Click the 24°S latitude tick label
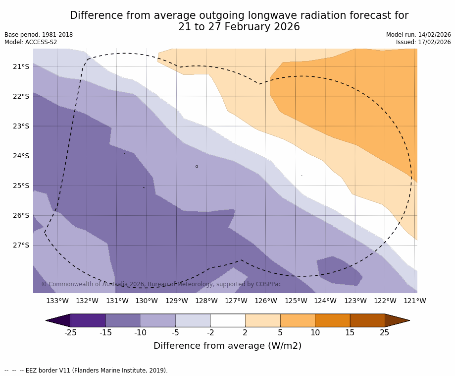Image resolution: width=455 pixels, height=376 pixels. pyautogui.click(x=20, y=156)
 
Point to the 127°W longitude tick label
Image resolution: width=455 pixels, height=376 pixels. pyautogui.click(x=236, y=301)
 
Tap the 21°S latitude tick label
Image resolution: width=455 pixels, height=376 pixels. pyautogui.click(x=20, y=66)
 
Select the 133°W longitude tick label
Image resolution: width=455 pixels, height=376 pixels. pyautogui.click(x=57, y=301)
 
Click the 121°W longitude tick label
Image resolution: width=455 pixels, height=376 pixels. pyautogui.click(x=415, y=301)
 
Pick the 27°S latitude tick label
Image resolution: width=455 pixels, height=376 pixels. pyautogui.click(x=20, y=245)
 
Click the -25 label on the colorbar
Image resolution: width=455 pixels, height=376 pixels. pyautogui.click(x=71, y=332)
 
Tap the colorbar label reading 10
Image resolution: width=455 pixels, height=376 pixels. pyautogui.click(x=315, y=332)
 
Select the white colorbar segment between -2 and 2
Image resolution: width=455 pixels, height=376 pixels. pyautogui.click(x=228, y=320)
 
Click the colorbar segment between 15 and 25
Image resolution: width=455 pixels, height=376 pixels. pyautogui.click(x=367, y=320)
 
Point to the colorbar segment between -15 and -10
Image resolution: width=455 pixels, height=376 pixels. pyautogui.click(x=123, y=320)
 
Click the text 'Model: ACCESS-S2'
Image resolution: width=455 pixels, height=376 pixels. pyautogui.click(x=31, y=42)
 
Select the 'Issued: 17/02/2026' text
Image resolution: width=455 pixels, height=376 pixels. pyautogui.click(x=423, y=42)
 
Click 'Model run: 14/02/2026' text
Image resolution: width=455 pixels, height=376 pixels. pyautogui.click(x=418, y=35)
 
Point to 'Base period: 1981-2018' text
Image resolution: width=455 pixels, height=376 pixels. pyautogui.click(x=39, y=35)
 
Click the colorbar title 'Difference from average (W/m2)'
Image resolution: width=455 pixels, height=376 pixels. pyautogui.click(x=227, y=346)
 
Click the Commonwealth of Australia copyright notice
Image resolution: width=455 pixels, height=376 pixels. pyautogui.click(x=161, y=284)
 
